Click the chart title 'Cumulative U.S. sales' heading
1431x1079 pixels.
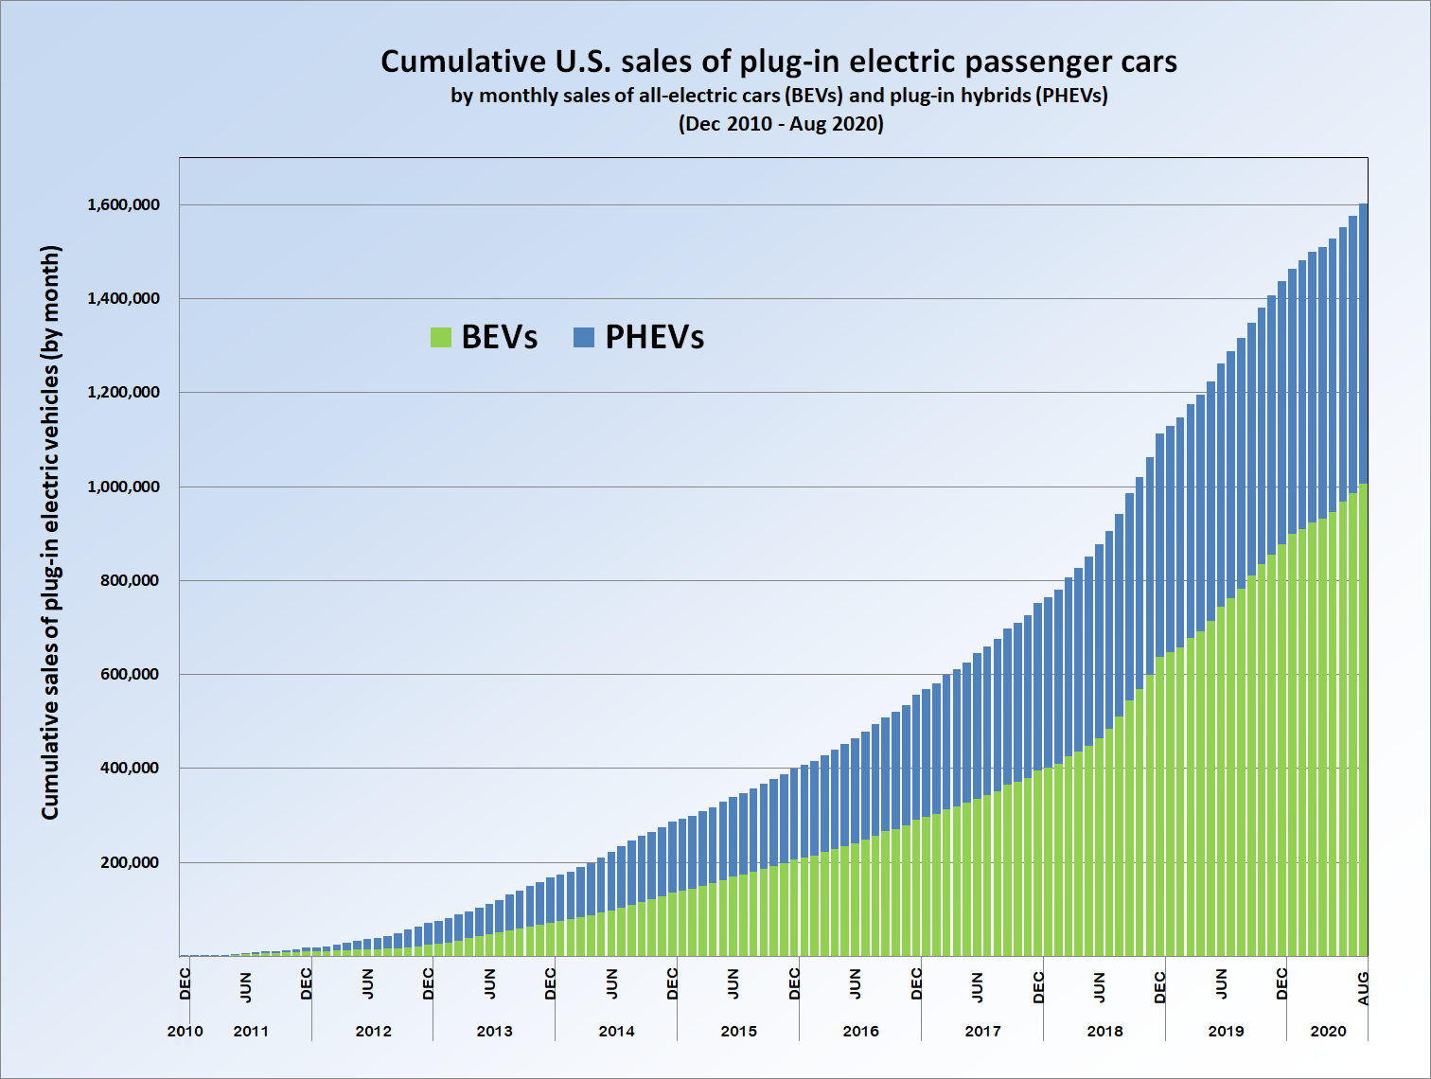779,62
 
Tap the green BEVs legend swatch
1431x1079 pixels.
441,337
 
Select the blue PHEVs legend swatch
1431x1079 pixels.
584,337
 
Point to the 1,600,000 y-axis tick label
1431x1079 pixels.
123,204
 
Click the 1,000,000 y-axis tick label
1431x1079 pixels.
123,486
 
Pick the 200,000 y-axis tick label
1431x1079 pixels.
130,862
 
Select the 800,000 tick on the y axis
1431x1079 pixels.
130,580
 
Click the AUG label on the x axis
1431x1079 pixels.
1363,988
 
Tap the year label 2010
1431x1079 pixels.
185,1031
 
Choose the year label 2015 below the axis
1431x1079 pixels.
738,1031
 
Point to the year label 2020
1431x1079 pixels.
1328,1031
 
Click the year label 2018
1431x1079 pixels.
1104,1031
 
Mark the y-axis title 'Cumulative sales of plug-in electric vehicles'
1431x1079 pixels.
50,532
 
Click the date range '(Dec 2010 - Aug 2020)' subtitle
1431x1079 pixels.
781,124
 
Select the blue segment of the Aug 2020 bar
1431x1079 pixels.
1363,341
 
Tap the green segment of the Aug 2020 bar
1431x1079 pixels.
1363,719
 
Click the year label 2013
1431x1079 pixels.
494,1031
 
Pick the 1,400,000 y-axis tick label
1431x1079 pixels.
123,298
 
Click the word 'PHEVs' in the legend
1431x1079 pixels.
654,337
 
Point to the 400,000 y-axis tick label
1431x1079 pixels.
130,768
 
